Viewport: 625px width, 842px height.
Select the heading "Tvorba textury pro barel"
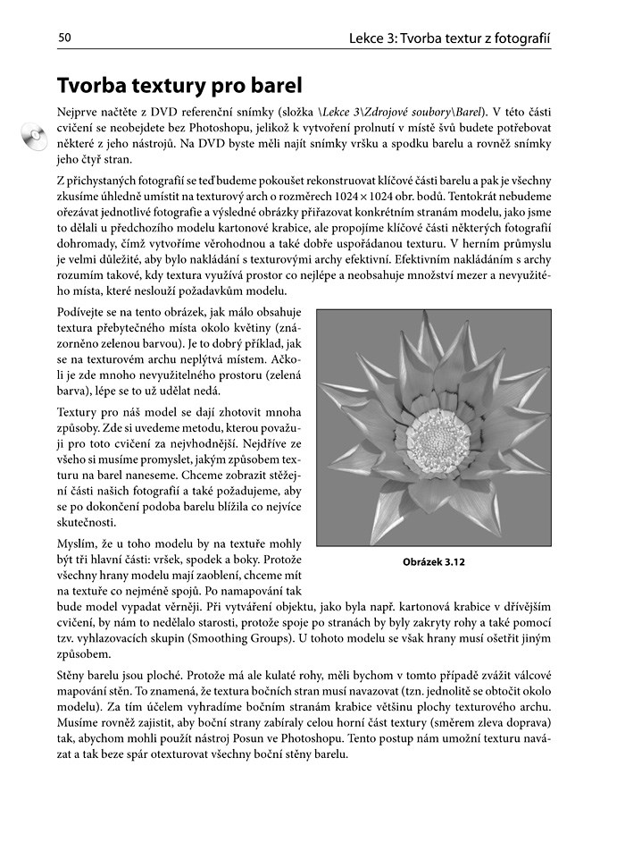[179, 86]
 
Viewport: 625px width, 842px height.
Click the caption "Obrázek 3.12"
[434, 562]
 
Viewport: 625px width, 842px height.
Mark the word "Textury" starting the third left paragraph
[81, 411]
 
